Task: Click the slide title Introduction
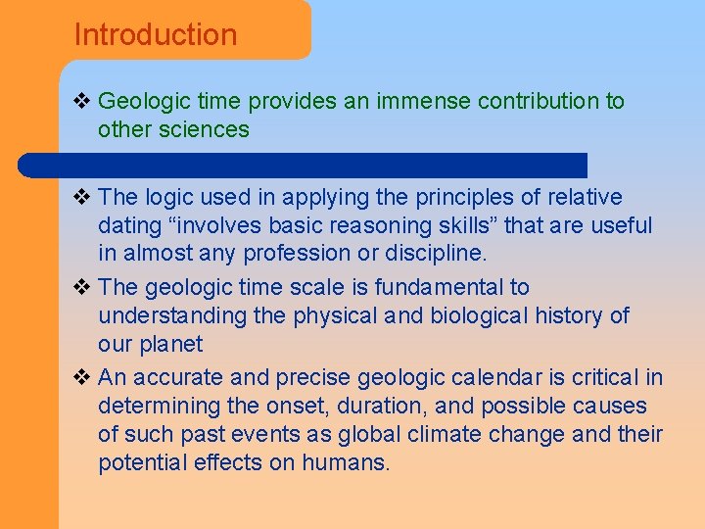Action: (x=156, y=35)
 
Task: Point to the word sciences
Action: (x=208, y=129)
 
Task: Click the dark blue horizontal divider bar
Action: (x=323, y=165)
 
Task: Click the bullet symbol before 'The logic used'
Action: (x=82, y=198)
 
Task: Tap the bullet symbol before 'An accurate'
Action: (x=82, y=378)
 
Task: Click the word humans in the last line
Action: (x=350, y=463)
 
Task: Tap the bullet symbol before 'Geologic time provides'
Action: (x=82, y=101)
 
